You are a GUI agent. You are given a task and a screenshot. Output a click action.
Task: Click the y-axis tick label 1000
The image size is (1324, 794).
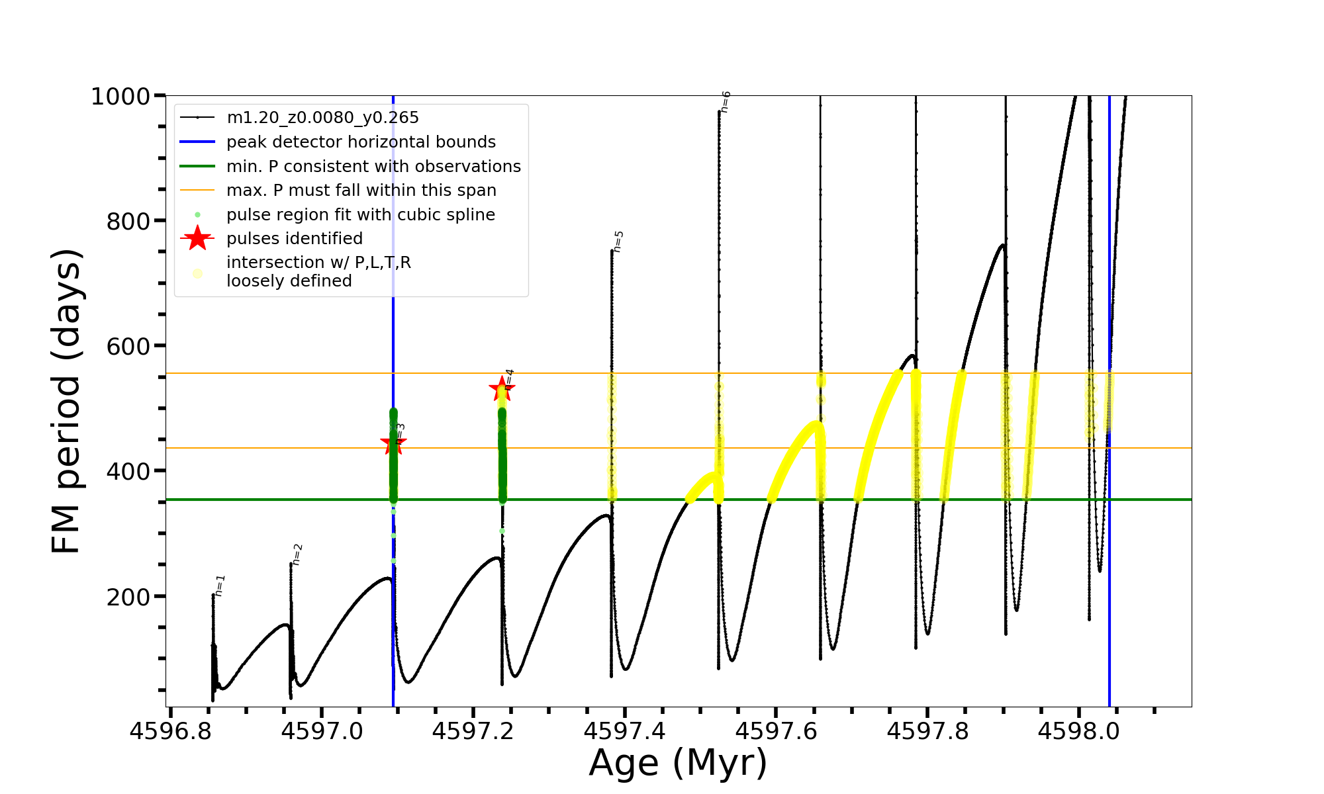pos(120,97)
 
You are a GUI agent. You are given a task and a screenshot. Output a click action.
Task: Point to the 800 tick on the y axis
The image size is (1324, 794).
pos(128,222)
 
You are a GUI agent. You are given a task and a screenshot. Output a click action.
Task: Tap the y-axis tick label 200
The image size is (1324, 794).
pos(128,597)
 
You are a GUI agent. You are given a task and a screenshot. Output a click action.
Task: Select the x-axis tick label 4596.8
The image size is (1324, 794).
pos(170,731)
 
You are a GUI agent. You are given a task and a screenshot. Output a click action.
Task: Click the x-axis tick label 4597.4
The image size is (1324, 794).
pos(625,731)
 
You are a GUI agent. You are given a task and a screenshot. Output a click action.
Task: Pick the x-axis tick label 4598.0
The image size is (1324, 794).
pos(1079,731)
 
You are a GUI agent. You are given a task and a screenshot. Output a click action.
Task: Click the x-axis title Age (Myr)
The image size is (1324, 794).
pos(678,763)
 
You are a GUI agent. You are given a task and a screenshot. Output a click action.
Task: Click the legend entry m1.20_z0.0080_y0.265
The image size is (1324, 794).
pos(322,118)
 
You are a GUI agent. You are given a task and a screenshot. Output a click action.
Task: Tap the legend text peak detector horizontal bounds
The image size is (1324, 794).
pos(361,142)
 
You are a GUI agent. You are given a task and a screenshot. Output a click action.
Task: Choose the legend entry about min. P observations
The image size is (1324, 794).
pos(373,166)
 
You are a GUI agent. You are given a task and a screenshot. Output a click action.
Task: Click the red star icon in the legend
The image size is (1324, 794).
pos(197,238)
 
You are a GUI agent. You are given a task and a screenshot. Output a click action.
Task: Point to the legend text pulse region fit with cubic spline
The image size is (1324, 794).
pos(361,215)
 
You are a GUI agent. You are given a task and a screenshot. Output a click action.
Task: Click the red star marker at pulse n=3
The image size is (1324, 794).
pos(393,444)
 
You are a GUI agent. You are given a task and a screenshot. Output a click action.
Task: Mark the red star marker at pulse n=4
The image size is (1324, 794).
pos(502,389)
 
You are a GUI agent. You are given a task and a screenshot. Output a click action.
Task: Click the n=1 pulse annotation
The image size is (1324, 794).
pos(220,586)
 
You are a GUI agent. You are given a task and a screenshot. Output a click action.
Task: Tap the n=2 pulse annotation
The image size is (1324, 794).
pos(297,554)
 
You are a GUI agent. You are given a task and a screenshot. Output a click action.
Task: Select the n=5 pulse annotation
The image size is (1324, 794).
pos(618,242)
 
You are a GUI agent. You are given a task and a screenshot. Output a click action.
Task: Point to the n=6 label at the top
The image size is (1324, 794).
pos(726,102)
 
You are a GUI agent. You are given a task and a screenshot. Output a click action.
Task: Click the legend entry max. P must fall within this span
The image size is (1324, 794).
pos(361,191)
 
